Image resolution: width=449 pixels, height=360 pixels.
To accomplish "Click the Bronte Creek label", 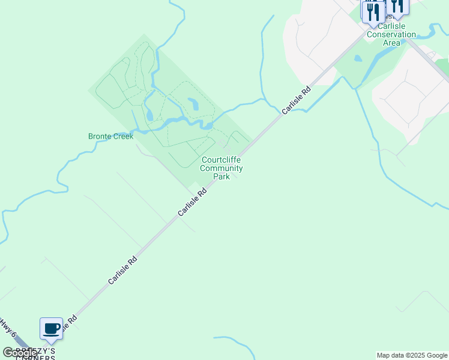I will (110, 136).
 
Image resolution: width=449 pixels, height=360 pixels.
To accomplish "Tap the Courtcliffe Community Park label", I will (221, 168).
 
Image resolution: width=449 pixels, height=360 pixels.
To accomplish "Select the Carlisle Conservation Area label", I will (391, 34).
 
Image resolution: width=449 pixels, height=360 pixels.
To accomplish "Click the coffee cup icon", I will (52, 328).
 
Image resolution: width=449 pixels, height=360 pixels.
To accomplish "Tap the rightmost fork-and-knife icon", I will (397, 6).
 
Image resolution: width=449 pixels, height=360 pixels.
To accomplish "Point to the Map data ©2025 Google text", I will (412, 355).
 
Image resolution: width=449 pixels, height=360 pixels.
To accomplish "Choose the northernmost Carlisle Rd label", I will (297, 100).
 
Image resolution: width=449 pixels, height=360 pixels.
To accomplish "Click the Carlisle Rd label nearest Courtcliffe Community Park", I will (192, 202).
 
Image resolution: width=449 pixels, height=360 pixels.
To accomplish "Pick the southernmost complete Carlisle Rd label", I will (123, 271).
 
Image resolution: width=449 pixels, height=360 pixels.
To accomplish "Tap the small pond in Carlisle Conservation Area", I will (358, 59).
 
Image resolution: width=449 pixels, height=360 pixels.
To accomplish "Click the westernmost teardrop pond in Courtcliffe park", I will (149, 114).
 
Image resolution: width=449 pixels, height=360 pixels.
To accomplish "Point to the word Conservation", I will (391, 34).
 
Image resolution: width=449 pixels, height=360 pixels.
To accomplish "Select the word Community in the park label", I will (221, 169).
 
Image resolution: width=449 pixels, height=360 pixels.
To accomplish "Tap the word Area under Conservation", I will (391, 43).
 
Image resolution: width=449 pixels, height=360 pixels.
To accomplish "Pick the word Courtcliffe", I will (221, 160).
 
